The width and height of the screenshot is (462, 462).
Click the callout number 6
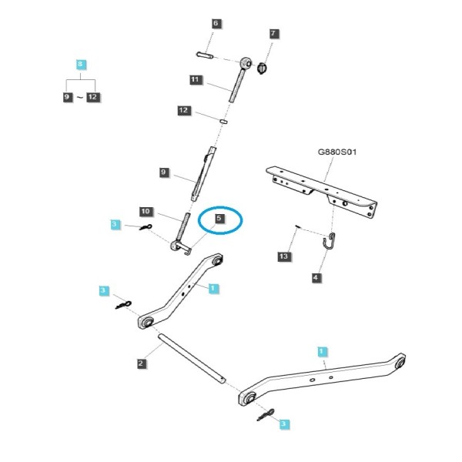pyautogui.click(x=216, y=24)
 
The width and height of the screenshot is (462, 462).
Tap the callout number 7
pyautogui.click(x=273, y=33)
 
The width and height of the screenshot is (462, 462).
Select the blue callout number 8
pyautogui.click(x=80, y=64)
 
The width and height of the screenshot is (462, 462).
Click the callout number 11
pyautogui.click(x=196, y=79)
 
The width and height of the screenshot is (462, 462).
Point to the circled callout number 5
pyautogui.click(x=219, y=219)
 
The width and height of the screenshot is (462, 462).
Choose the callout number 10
pyautogui.click(x=146, y=211)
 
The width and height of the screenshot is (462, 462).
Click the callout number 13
pyautogui.click(x=283, y=256)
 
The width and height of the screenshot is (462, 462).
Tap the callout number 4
pyautogui.click(x=316, y=277)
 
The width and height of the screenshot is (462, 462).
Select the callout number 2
pyautogui.click(x=141, y=363)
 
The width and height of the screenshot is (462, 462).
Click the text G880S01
pyautogui.click(x=337, y=152)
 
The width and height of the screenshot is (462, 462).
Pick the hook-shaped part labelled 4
pyautogui.click(x=329, y=241)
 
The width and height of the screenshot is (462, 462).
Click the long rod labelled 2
pyautogui.click(x=192, y=358)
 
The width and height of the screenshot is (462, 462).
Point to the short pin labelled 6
pyautogui.click(x=205, y=55)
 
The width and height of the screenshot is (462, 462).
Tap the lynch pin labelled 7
pyautogui.click(x=262, y=69)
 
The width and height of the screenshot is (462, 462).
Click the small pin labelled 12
pyautogui.click(x=223, y=121)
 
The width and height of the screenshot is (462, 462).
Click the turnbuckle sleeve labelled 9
pyautogui.click(x=204, y=174)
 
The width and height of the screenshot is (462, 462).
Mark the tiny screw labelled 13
pyautogui.click(x=297, y=226)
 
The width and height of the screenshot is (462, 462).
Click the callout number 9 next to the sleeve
pyautogui.click(x=163, y=172)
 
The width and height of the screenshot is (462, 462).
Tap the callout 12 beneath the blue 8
pyautogui.click(x=92, y=97)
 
